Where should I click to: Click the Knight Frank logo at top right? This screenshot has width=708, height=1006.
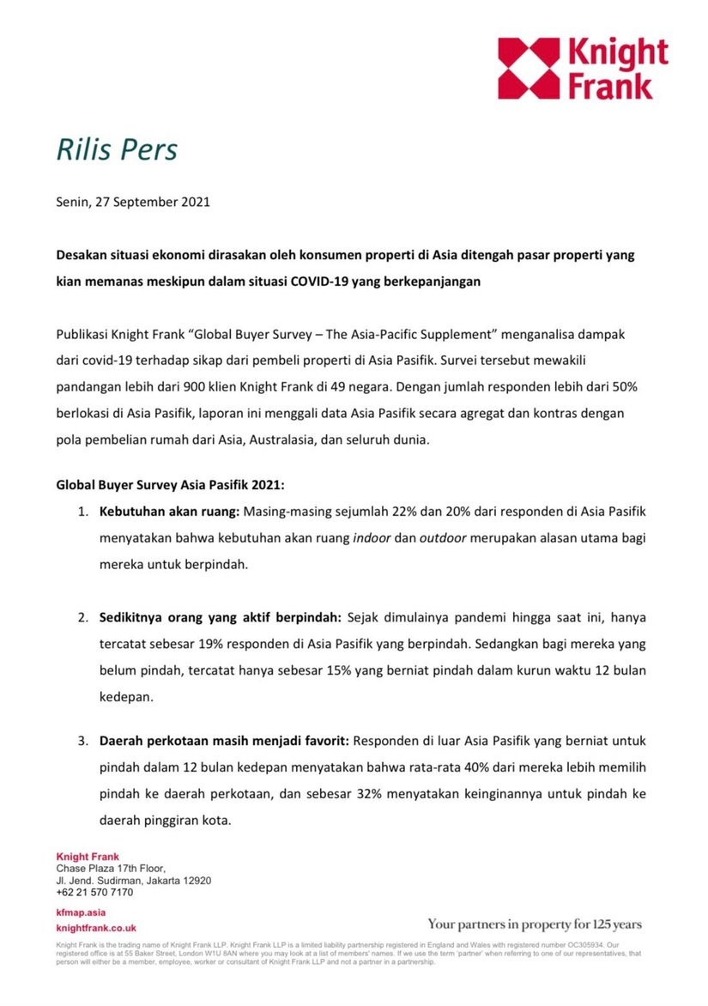point(583,68)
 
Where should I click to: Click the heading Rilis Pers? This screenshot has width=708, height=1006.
point(117,149)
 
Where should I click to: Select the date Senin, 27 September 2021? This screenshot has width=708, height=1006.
point(133,203)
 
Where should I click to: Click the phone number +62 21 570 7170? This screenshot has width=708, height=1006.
point(94,892)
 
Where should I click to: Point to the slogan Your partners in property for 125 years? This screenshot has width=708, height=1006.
point(535,924)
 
